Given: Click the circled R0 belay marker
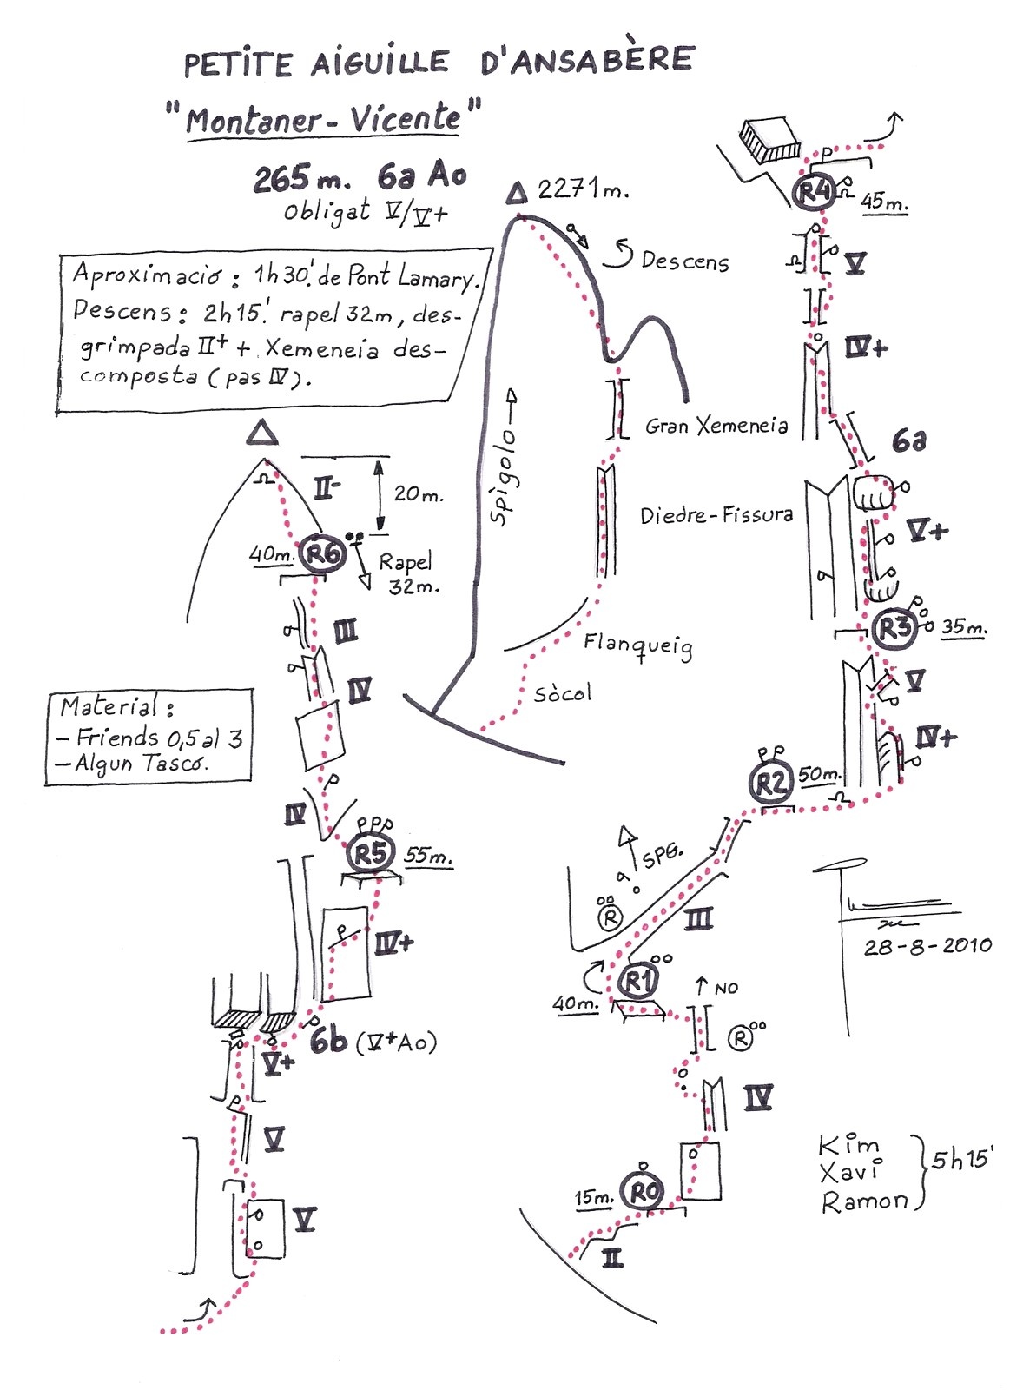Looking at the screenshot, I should point(643,1192).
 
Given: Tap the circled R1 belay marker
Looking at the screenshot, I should point(638,982).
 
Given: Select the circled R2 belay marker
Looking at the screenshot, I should point(770,783).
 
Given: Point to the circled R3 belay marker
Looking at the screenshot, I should point(893,626).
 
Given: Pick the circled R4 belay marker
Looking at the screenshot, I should point(814,190).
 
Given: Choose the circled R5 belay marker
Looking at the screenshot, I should point(370,853).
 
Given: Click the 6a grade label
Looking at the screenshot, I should point(908,440).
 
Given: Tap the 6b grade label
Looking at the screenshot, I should point(328,1039).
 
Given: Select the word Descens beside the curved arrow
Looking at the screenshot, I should point(684,261).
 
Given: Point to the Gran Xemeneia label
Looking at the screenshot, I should point(716,426).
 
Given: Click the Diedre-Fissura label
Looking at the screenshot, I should point(716,515).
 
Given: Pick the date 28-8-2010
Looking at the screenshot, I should point(927,946).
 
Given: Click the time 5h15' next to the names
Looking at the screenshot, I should point(962,1160).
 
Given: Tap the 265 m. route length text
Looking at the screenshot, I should point(300,178).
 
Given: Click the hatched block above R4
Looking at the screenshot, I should point(769,140).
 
